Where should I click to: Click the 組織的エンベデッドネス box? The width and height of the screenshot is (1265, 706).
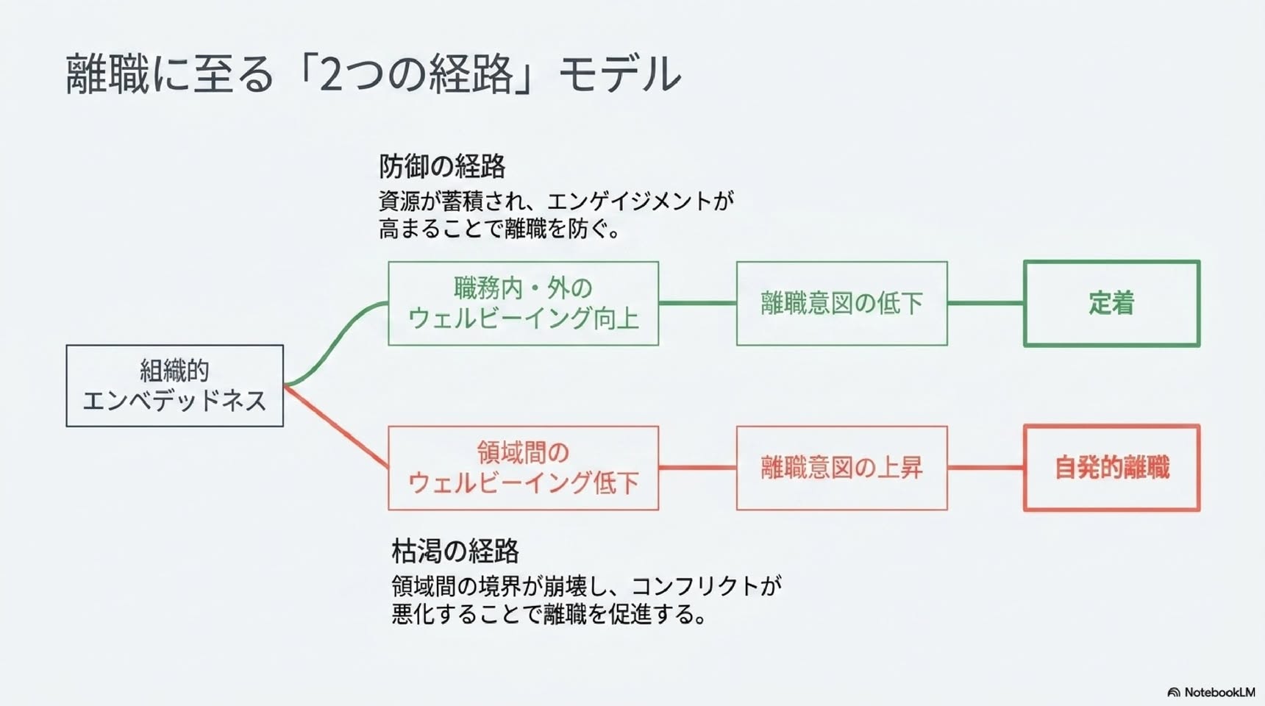tap(174, 385)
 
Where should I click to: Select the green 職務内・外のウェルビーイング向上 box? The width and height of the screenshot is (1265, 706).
tap(523, 303)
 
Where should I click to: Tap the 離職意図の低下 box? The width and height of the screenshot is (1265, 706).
tap(841, 303)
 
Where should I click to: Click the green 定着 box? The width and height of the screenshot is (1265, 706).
tap(1111, 303)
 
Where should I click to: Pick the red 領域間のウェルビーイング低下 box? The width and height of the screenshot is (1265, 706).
tap(523, 468)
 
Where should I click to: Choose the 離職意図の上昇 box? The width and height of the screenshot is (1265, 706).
tap(841, 468)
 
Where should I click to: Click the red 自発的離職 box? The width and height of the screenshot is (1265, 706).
tap(1111, 468)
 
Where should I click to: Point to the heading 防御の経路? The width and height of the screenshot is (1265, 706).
tap(442, 167)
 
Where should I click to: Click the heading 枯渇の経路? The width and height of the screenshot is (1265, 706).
tap(455, 551)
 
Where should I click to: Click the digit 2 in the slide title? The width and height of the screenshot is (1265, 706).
tap(332, 74)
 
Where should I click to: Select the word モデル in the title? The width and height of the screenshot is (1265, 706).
tap(619, 74)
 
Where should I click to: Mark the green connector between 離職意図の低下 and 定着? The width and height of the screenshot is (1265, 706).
tap(986, 303)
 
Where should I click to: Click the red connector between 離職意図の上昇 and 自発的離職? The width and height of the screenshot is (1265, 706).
tap(986, 468)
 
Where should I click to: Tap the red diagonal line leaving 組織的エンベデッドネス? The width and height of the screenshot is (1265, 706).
tap(336, 427)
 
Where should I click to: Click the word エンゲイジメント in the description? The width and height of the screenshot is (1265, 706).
tap(630, 201)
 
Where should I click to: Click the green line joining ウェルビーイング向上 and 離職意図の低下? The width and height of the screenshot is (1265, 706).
tap(697, 303)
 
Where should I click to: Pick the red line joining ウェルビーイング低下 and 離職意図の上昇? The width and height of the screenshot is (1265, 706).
tap(697, 468)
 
